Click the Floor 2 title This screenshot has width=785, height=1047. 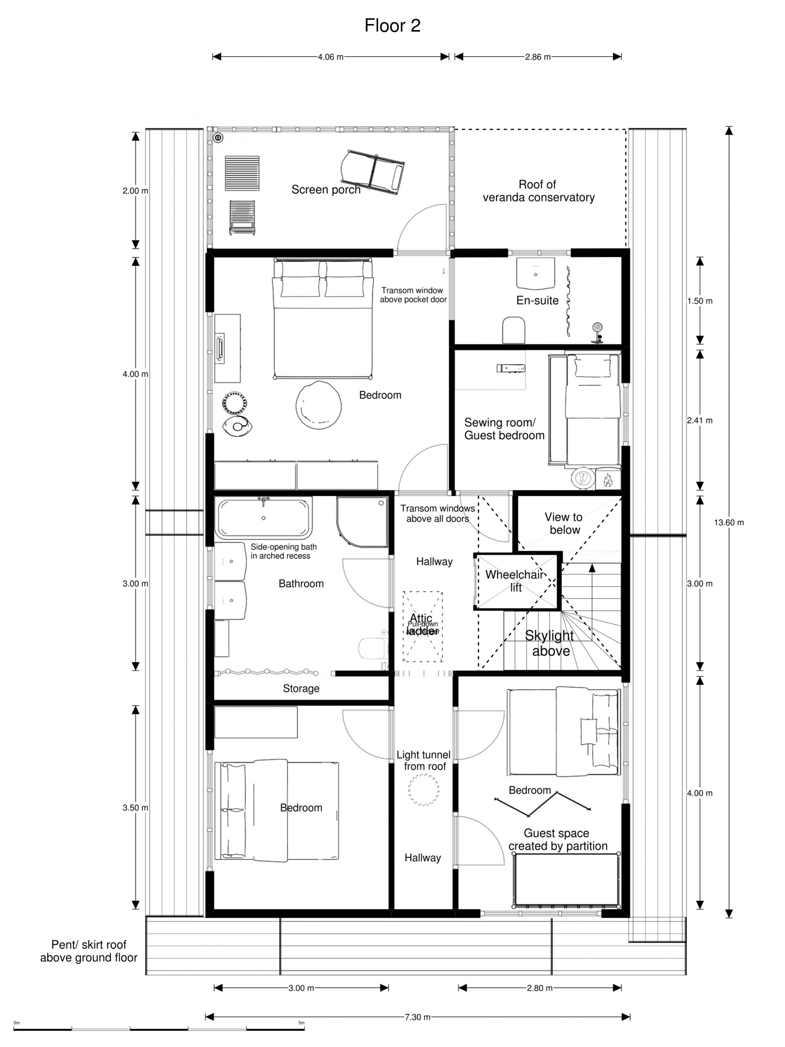click(x=392, y=26)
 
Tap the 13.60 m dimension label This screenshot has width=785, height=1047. click(x=729, y=523)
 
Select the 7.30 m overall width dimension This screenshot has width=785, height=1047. click(x=417, y=1017)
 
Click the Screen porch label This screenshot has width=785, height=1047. click(x=325, y=190)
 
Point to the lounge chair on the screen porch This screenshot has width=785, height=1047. click(x=372, y=172)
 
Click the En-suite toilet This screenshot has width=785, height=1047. click(x=514, y=330)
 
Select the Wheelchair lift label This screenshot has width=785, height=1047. click(x=515, y=581)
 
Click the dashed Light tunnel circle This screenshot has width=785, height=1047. click(x=424, y=789)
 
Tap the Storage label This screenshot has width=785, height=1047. click(x=301, y=689)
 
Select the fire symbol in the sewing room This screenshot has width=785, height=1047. click(x=608, y=481)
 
